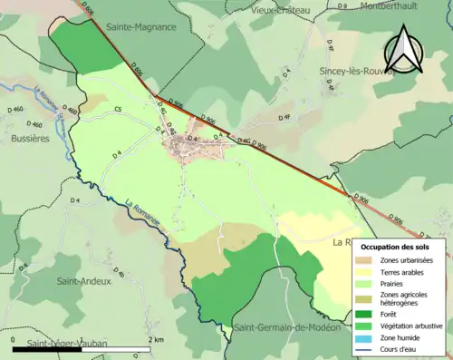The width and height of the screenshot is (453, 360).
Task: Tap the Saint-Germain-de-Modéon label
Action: tap(285, 326)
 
